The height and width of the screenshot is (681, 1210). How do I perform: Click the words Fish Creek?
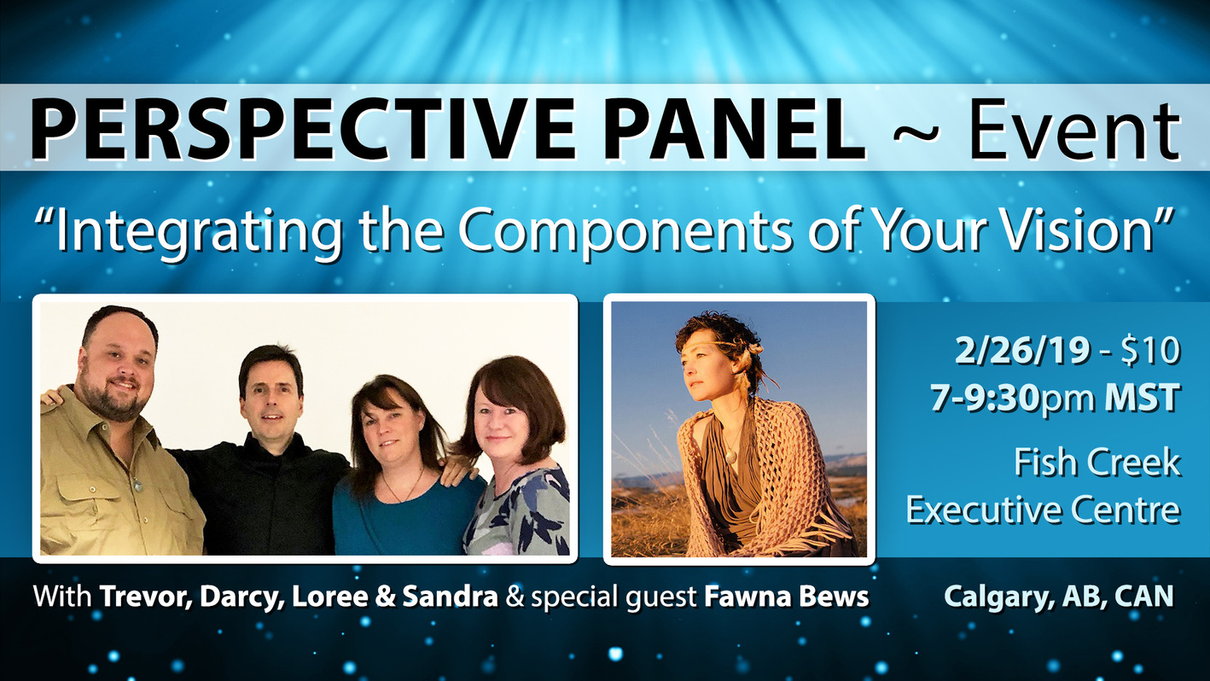pyautogui.click(x=1097, y=463)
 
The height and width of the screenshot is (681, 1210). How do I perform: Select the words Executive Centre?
pyautogui.click(x=1043, y=509)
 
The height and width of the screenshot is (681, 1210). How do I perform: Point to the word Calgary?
pyautogui.click(x=995, y=597)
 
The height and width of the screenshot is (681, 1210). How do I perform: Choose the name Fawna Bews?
pyautogui.click(x=786, y=597)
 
